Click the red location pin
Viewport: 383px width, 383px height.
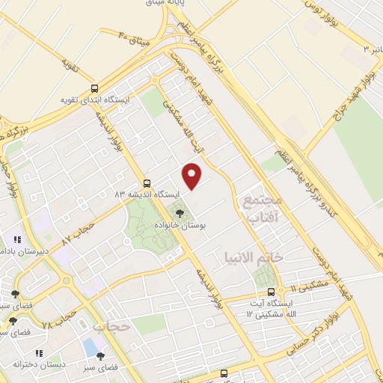pyautogui.click(x=193, y=177)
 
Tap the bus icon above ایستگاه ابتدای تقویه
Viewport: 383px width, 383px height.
pyautogui.click(x=94, y=87)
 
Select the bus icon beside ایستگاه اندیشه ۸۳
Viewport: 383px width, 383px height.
pyautogui.click(x=147, y=183)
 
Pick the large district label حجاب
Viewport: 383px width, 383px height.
pyautogui.click(x=112, y=326)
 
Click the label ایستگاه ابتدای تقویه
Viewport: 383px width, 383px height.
pyautogui.click(x=96, y=99)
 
